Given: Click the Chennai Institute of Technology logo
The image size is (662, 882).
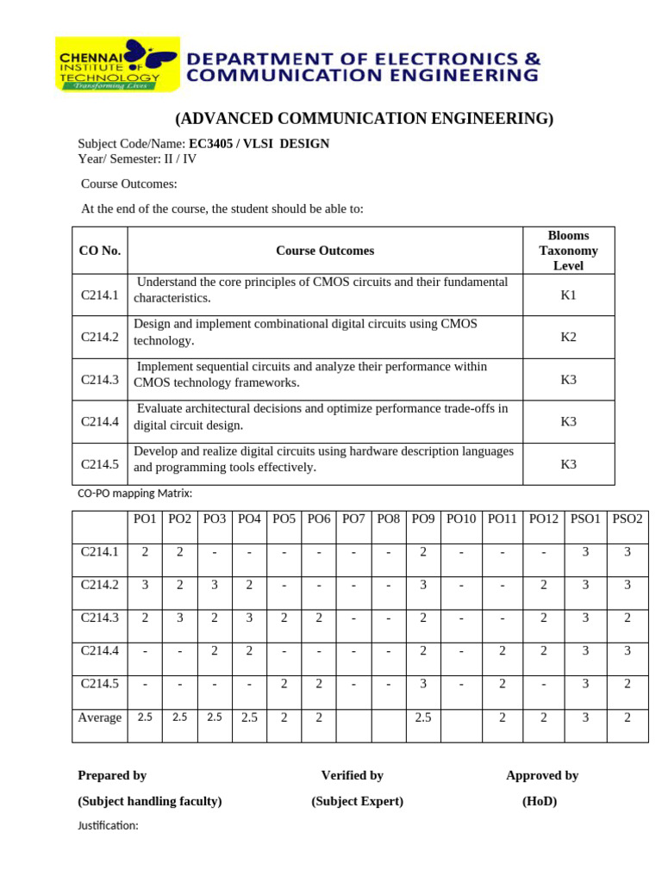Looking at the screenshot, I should [x=117, y=65].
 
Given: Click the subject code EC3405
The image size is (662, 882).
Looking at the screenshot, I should [x=212, y=144].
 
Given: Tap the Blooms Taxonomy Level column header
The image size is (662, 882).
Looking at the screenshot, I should [x=568, y=251].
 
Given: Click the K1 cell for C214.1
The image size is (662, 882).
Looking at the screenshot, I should [x=568, y=295].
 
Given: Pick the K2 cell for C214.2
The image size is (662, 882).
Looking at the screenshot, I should [x=568, y=337].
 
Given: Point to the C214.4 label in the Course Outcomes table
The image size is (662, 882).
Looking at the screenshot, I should [x=99, y=422].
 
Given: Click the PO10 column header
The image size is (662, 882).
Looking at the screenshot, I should [x=460, y=519].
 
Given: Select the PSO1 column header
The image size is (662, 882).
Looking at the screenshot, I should [x=585, y=519].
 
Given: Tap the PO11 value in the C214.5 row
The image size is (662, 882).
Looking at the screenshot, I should [x=502, y=683].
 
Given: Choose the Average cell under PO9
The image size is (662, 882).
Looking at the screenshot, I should [x=422, y=717].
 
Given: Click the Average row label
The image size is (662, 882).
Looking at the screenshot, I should [x=100, y=717].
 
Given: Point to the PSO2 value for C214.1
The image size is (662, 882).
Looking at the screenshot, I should [x=628, y=552].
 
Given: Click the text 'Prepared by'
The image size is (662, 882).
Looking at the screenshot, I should [x=112, y=775].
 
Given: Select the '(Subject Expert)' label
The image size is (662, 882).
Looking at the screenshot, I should [x=357, y=801].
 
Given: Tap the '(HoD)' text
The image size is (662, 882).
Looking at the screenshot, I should [x=540, y=801].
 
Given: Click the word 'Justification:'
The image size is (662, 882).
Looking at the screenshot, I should [x=108, y=825].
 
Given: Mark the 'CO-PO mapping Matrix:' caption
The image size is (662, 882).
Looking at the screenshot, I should [x=134, y=494].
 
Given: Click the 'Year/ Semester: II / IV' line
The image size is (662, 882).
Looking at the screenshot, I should [x=138, y=158].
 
